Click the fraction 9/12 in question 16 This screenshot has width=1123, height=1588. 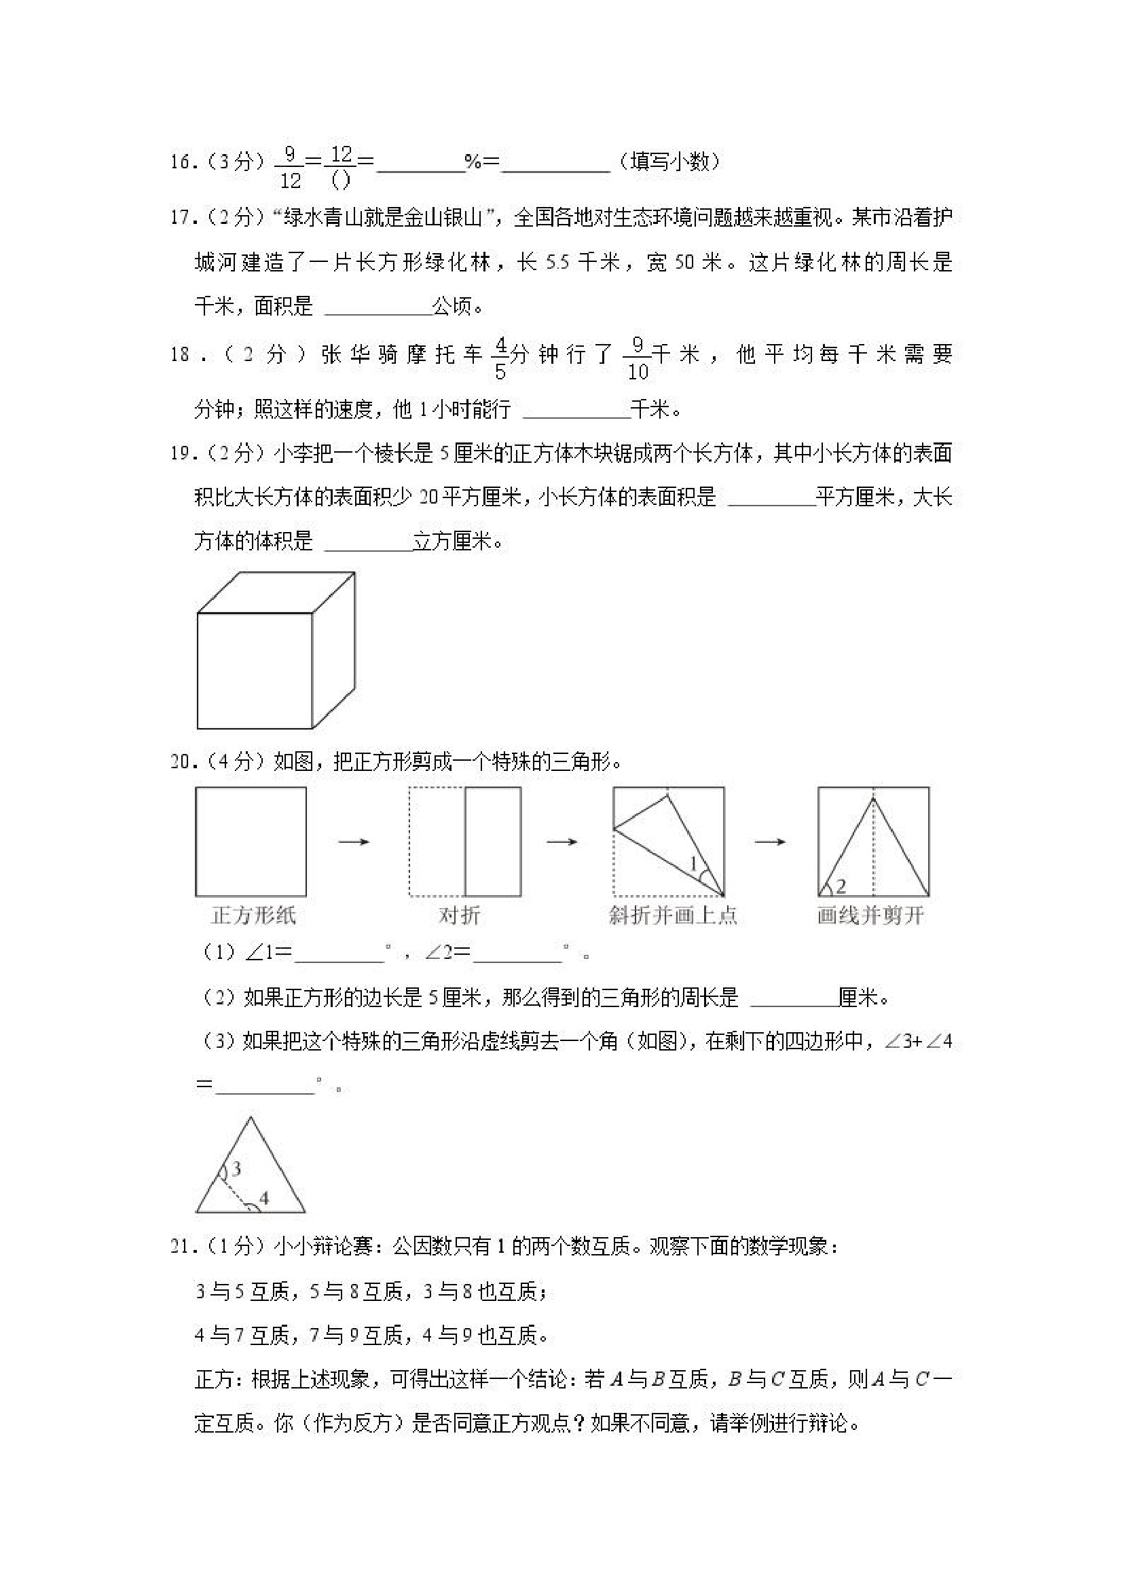coord(290,167)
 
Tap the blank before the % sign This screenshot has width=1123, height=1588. coord(421,166)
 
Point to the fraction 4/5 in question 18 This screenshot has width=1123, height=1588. coord(500,359)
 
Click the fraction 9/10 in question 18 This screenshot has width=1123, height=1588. coord(638,359)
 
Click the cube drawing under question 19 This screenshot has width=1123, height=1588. coord(276,650)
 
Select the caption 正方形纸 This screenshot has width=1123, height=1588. coord(253,915)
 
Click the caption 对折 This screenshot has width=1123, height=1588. coord(459,915)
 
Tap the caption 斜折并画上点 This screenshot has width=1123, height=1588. coord(673,915)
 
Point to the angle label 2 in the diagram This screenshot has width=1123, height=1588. coord(841,886)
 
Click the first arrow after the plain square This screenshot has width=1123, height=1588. coord(354,842)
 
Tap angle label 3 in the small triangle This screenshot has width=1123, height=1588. coord(236,1169)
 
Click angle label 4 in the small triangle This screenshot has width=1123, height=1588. coord(263,1198)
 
